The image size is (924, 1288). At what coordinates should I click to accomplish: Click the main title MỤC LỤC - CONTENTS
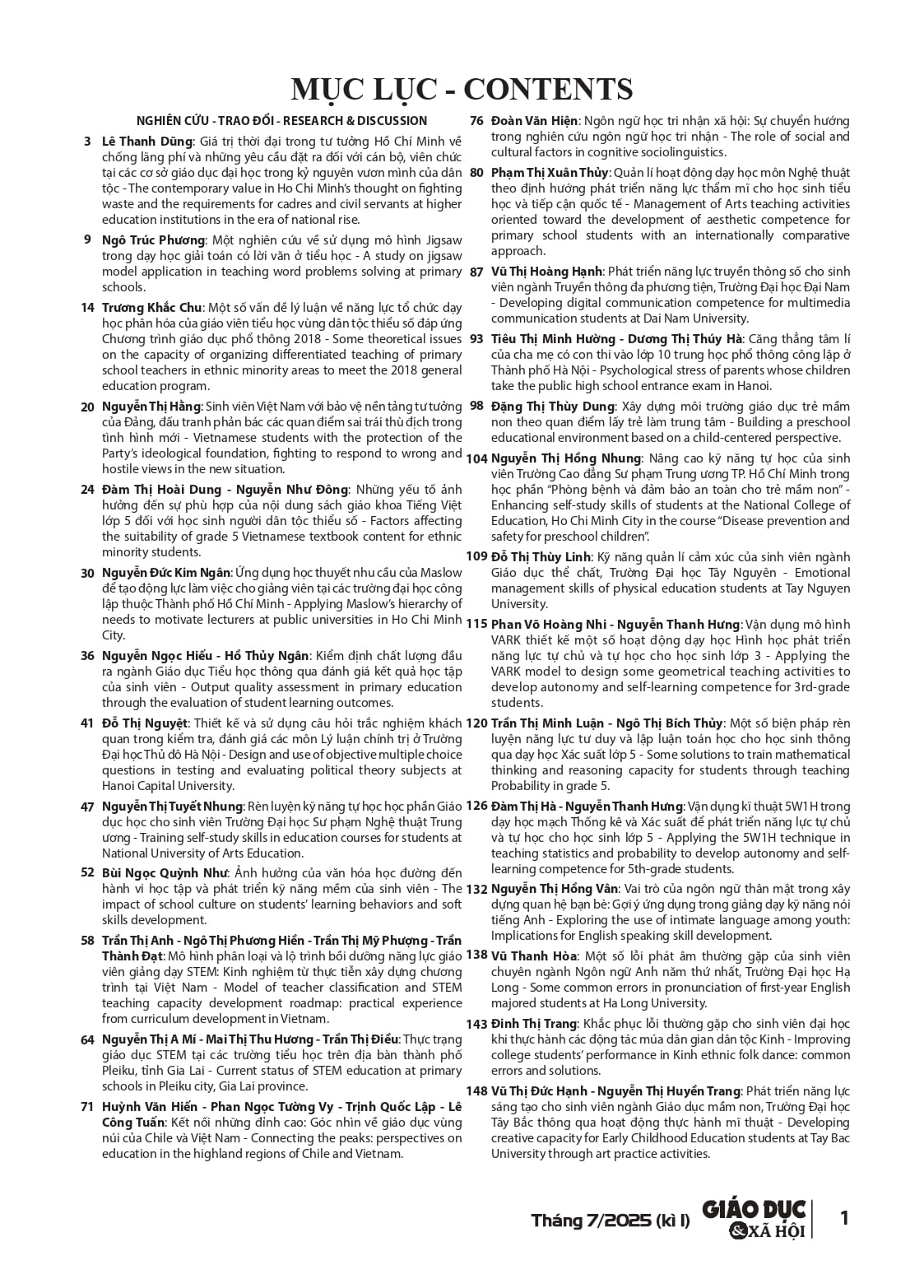[x=462, y=89]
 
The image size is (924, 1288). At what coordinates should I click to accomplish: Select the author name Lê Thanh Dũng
[x=147, y=142]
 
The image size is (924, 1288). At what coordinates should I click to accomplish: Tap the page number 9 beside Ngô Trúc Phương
[x=87, y=240]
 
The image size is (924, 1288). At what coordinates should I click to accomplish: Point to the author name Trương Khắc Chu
[x=152, y=308]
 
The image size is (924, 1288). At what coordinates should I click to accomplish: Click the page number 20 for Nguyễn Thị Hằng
[x=87, y=407]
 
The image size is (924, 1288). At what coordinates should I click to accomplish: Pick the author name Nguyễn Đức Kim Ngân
[x=166, y=573]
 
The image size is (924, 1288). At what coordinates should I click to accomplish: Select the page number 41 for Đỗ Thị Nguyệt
[x=87, y=723]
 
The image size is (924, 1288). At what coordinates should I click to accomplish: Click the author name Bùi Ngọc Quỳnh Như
[x=165, y=873]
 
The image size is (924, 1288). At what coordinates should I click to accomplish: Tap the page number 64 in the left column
[x=87, y=1040]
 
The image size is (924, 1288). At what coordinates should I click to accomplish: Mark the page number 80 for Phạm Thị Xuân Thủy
[x=476, y=173]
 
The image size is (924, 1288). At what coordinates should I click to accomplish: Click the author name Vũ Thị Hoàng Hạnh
[x=547, y=272]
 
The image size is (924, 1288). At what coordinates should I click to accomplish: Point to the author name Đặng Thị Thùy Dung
[x=553, y=407]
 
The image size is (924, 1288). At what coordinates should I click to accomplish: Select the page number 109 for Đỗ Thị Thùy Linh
[x=477, y=556]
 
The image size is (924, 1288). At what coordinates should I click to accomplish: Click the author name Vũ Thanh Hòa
[x=534, y=956]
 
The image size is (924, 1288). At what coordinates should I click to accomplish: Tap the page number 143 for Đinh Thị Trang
[x=477, y=1025]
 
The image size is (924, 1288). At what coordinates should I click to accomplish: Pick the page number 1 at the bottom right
[x=843, y=1217]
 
